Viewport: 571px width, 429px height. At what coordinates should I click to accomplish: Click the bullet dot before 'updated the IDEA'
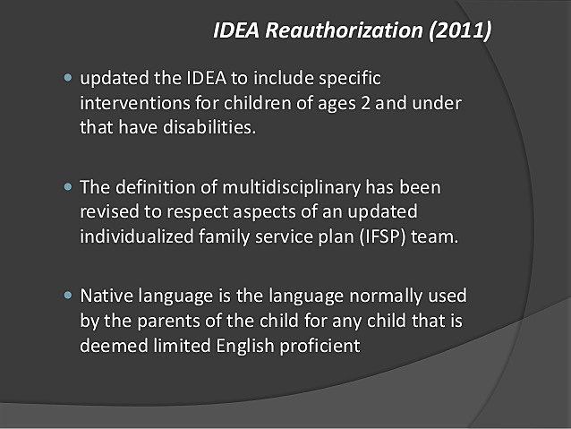pyautogui.click(x=68, y=79)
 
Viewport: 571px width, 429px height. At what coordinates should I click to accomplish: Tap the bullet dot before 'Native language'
pyautogui.click(x=68, y=295)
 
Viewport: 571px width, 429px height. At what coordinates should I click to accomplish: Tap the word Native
pyautogui.click(x=105, y=295)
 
